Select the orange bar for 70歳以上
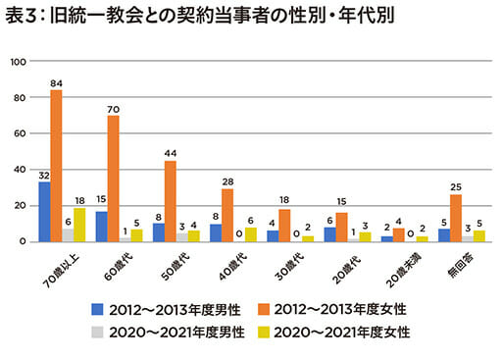[x=56, y=166]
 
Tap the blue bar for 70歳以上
[x=44, y=212]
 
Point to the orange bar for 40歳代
[x=228, y=216]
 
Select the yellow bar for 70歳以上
[x=80, y=225]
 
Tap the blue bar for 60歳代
[x=102, y=227]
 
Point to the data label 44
[x=171, y=153]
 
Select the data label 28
[x=228, y=181]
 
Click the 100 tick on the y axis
[x=17, y=61]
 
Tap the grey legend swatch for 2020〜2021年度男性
[x=98, y=333]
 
